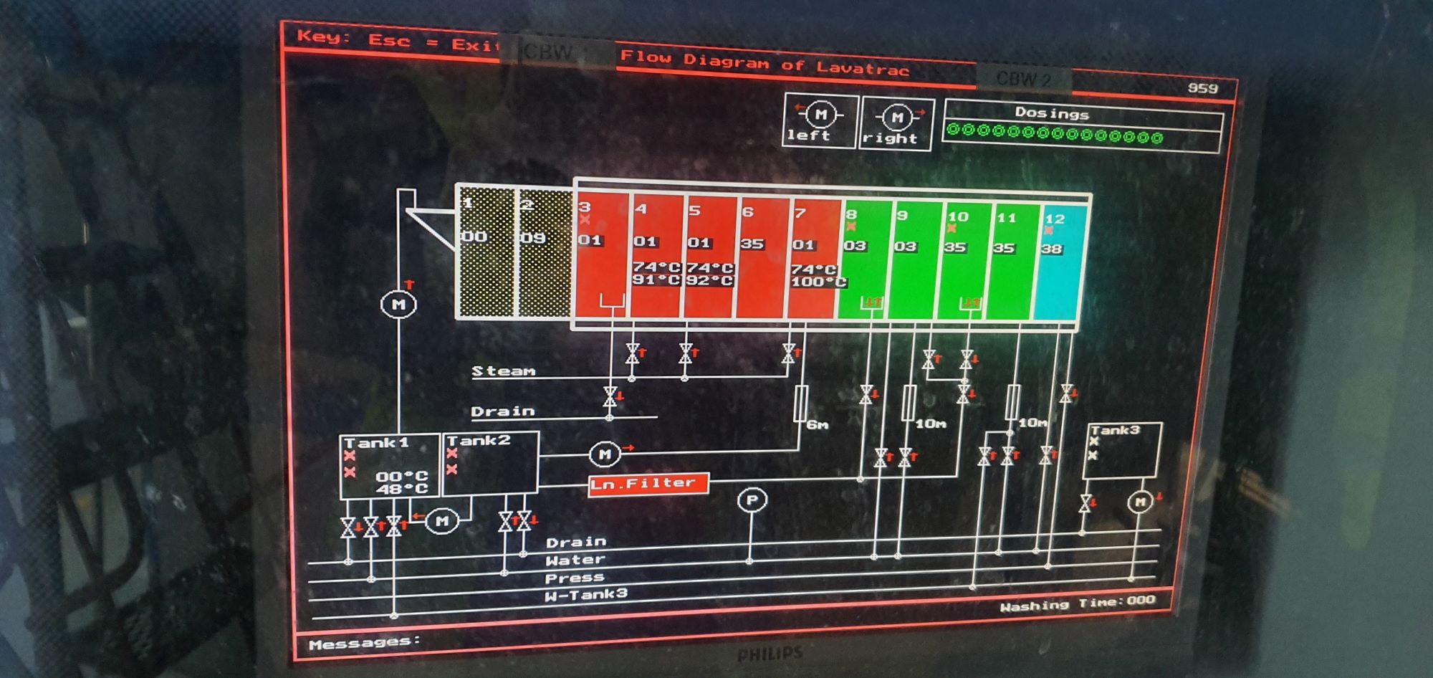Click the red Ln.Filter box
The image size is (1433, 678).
click(648, 484)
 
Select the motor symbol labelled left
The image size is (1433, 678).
click(820, 115)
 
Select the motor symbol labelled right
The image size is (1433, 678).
click(896, 117)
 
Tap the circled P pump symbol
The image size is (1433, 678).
click(752, 500)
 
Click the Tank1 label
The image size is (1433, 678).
click(377, 443)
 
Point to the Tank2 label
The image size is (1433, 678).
click(479, 441)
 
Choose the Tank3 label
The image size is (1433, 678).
click(1115, 430)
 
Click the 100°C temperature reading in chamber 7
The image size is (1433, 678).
click(818, 282)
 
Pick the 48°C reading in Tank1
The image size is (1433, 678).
click(401, 489)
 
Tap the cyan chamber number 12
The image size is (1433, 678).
click(1054, 219)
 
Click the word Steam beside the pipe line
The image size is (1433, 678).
click(503, 371)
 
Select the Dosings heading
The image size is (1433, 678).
click(1051, 113)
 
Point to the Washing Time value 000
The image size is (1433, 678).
click(1141, 601)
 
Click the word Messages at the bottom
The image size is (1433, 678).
click(363, 643)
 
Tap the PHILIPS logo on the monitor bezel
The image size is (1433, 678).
click(770, 654)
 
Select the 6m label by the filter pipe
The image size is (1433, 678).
click(818, 425)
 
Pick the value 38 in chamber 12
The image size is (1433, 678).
click(1051, 249)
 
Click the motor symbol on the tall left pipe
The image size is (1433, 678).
click(398, 305)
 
